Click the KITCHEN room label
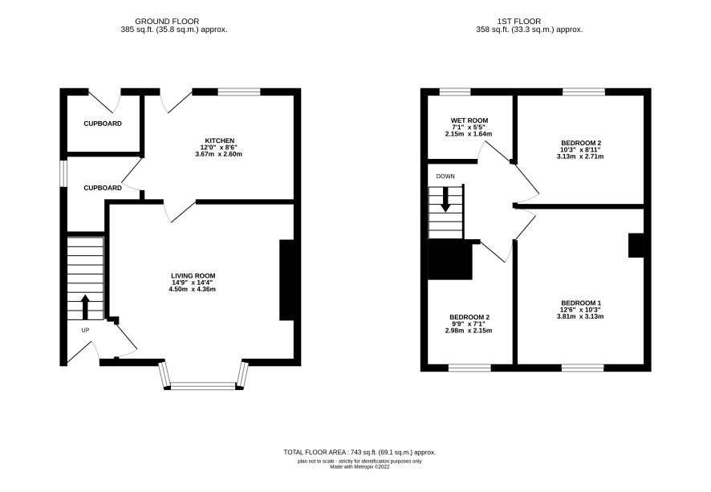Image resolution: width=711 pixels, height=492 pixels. (219, 140)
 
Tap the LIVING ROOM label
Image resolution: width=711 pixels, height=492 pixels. (193, 276)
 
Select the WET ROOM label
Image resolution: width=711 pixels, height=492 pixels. (469, 120)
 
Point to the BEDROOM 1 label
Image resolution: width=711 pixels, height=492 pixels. (581, 303)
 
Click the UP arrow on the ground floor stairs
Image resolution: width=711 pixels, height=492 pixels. (85, 307)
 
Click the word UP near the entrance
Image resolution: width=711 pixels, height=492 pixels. (85, 330)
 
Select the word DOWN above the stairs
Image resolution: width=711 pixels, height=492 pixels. (445, 177)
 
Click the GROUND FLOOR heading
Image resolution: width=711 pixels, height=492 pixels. (167, 22)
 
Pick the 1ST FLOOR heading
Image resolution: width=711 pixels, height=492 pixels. (518, 22)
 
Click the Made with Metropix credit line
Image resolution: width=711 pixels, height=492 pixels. (360, 466)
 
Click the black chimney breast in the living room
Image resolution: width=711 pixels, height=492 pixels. (287, 280)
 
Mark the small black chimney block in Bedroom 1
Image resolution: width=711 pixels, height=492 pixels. (636, 246)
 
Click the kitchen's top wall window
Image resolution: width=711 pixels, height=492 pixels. (239, 91)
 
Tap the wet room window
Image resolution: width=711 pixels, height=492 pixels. (455, 91)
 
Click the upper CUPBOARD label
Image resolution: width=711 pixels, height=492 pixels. (103, 124)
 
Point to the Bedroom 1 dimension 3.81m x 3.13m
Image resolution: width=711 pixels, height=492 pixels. (580, 316)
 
